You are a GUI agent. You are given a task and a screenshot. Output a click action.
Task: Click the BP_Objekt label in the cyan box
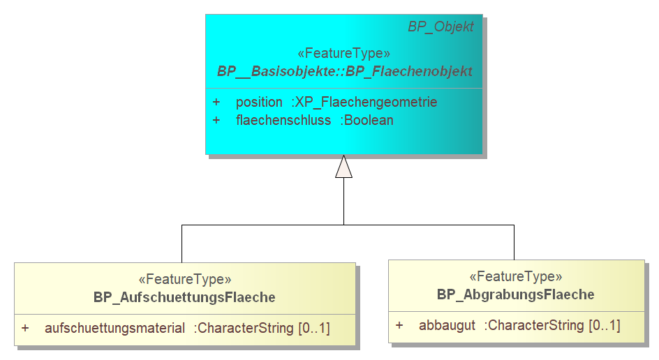point(441,27)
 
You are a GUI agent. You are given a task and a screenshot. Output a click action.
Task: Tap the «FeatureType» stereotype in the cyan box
point(343,53)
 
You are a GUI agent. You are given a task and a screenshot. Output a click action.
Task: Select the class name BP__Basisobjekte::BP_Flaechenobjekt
point(345,71)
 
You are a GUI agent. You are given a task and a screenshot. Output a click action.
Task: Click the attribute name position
point(259,102)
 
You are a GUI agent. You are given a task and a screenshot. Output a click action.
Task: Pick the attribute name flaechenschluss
point(283,121)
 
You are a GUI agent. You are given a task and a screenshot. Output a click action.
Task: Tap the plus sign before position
point(216,102)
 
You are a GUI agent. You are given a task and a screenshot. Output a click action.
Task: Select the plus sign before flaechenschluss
point(216,121)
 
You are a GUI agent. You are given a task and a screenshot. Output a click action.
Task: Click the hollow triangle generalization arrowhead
point(343,167)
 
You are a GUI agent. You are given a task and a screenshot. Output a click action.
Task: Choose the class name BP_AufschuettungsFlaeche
point(184,297)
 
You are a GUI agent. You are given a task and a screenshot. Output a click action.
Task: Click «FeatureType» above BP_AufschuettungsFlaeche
point(185,279)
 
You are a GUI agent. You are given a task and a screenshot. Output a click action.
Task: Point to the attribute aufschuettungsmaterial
point(114,328)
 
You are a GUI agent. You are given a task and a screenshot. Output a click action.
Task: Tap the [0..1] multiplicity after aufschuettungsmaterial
point(314,328)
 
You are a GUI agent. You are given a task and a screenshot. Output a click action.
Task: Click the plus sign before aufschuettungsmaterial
point(25,328)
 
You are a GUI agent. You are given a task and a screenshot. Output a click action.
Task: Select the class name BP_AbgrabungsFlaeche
point(516,295)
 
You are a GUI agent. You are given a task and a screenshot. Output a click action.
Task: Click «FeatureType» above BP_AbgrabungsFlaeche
point(516,276)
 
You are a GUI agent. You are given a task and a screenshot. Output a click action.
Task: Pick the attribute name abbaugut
point(447,326)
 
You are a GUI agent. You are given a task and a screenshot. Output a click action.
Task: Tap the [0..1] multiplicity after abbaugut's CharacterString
point(605,326)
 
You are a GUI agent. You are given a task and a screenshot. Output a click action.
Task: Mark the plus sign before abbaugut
point(399,325)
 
